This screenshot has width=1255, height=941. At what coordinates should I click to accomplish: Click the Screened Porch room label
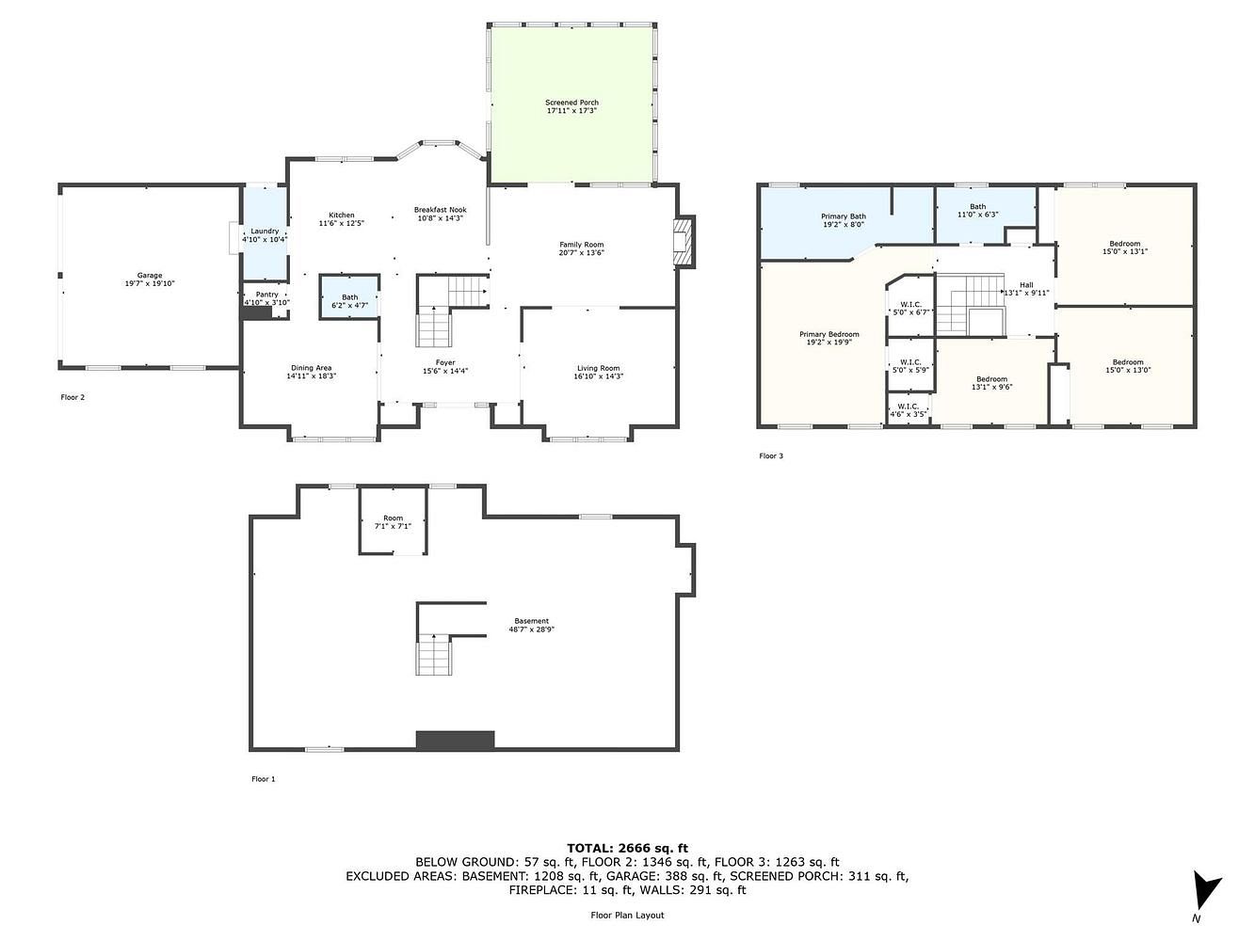[571, 103]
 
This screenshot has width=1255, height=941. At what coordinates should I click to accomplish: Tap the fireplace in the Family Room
[684, 242]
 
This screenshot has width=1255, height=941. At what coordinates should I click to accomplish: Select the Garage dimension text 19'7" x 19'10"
[150, 283]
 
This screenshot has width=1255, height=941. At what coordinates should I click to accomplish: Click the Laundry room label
[265, 231]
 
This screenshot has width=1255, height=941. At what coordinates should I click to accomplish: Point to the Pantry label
[267, 295]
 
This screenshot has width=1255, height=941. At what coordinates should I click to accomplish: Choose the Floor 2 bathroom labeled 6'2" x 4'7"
[349, 296]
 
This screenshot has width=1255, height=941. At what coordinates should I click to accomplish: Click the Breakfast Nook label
[441, 210]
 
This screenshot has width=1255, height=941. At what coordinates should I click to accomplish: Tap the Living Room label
[598, 368]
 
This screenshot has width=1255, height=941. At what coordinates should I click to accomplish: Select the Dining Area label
[311, 368]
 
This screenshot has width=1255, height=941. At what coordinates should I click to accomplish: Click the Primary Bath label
[844, 216]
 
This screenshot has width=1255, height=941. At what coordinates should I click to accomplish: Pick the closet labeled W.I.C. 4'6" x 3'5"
[908, 409]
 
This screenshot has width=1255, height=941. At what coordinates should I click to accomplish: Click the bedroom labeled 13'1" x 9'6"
[992, 382]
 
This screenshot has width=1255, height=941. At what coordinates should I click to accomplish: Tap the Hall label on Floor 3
[1026, 284]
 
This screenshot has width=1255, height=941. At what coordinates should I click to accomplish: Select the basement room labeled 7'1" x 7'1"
[393, 520]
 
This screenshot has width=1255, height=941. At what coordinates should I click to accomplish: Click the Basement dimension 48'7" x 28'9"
[532, 629]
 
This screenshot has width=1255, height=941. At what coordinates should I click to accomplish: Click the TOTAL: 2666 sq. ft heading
[627, 848]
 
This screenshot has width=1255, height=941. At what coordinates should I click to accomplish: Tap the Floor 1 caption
[264, 779]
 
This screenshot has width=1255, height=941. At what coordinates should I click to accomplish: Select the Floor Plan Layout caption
[627, 915]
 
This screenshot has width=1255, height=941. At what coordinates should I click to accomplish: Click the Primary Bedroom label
[829, 334]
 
